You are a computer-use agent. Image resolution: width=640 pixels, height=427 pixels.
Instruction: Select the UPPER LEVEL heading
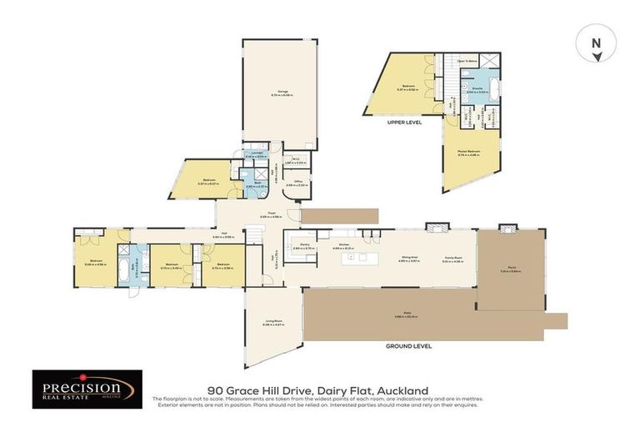click(x=405, y=122)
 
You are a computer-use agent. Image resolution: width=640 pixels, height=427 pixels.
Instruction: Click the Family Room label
click(x=452, y=259)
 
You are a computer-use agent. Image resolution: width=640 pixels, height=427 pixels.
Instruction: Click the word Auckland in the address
click(x=402, y=389)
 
